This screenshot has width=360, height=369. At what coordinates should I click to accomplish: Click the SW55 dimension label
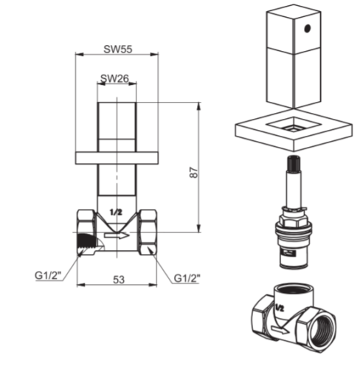coord(117,49)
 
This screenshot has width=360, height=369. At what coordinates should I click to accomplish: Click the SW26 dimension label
coord(114,78)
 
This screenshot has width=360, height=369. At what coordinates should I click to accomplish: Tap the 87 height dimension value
coord(193,173)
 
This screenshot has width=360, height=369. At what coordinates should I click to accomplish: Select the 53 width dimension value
coord(119,280)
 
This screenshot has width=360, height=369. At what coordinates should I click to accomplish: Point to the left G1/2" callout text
coord(48,275)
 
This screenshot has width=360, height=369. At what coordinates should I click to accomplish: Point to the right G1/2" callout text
coord(187,278)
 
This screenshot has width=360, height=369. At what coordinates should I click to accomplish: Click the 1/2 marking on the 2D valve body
coord(116,212)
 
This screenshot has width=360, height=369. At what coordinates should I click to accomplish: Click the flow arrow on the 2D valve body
coord(117,235)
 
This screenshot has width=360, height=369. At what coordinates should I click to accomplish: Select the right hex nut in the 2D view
coord(148,232)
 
